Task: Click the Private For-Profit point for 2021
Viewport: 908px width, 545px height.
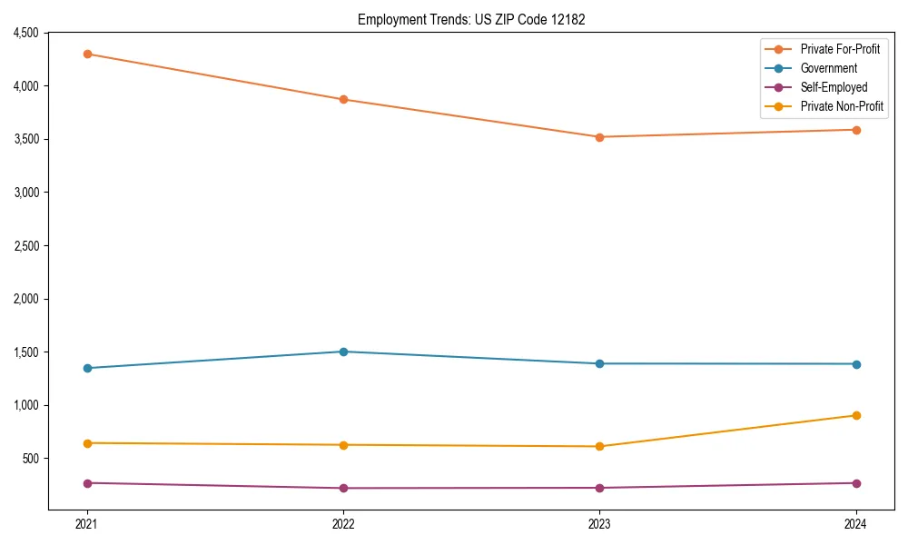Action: tap(87, 54)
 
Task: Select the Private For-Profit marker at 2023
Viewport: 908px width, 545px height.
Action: tap(599, 137)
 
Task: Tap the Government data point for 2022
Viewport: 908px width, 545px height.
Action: tap(343, 352)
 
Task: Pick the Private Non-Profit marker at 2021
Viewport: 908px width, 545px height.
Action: tap(87, 443)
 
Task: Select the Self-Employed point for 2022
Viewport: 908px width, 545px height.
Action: tap(343, 488)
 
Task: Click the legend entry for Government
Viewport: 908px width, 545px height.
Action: tap(828, 68)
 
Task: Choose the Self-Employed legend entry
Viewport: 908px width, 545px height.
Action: tap(834, 87)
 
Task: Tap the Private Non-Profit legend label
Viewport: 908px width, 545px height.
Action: tap(842, 106)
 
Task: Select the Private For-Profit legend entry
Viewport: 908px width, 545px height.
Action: tap(840, 49)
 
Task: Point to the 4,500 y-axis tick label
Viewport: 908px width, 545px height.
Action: tap(25, 33)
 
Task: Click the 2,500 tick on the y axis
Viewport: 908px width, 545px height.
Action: tap(25, 245)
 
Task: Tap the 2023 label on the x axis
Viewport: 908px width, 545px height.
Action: tap(599, 524)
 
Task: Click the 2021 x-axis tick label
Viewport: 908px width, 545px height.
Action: tap(87, 524)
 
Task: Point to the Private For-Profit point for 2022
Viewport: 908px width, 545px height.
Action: tap(343, 99)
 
